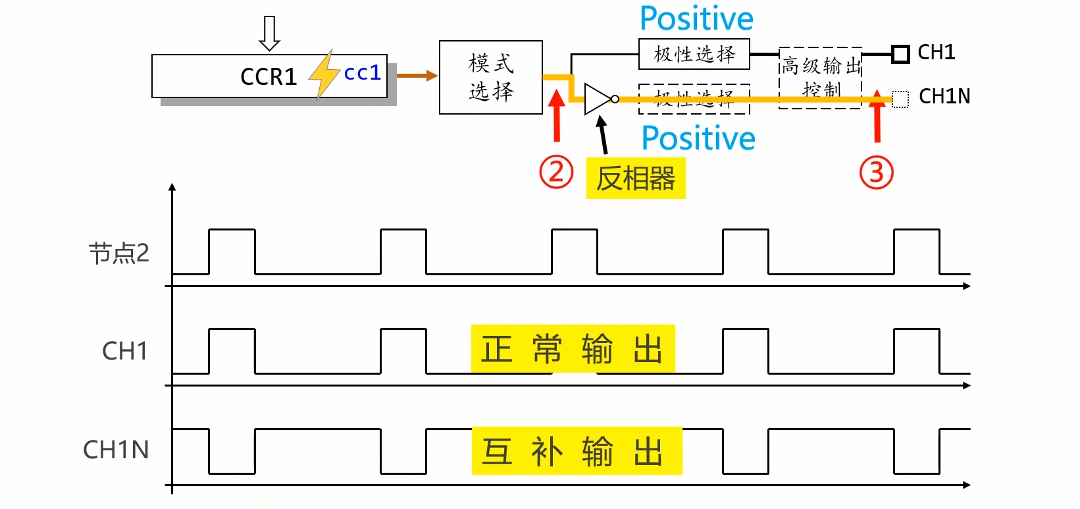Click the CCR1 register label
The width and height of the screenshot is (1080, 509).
(269, 77)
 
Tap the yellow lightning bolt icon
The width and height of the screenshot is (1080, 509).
(323, 74)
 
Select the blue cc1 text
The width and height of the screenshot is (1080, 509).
(362, 72)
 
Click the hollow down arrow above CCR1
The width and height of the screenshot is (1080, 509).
(269, 34)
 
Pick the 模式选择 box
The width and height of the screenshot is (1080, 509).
(491, 77)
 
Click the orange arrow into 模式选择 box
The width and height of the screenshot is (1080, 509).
(417, 76)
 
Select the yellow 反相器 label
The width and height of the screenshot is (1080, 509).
(635, 178)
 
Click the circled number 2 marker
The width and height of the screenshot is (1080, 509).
(557, 172)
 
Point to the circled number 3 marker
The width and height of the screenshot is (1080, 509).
(877, 173)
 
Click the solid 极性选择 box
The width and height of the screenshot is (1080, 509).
(694, 54)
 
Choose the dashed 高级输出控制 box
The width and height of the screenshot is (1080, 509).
(821, 77)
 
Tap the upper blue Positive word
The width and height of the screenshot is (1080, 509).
(696, 18)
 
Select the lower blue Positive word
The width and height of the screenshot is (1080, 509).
(698, 138)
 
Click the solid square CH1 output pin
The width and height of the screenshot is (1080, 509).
(900, 54)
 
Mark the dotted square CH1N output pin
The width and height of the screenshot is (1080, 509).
(900, 99)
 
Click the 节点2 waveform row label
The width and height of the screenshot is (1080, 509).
(119, 253)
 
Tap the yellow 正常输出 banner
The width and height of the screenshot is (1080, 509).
(573, 348)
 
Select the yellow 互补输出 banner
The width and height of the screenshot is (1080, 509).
(577, 451)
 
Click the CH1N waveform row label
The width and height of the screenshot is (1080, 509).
(116, 450)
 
